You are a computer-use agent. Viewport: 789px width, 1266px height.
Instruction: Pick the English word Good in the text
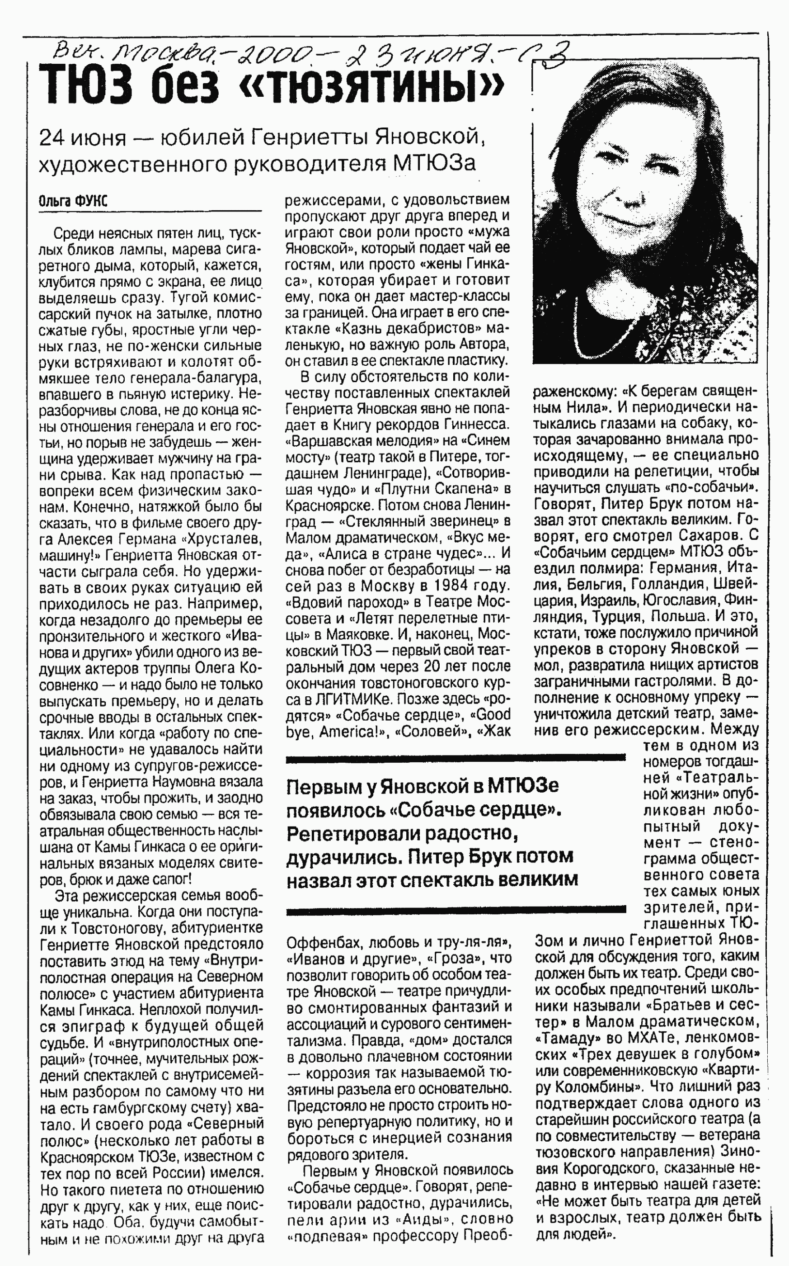(x=493, y=714)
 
